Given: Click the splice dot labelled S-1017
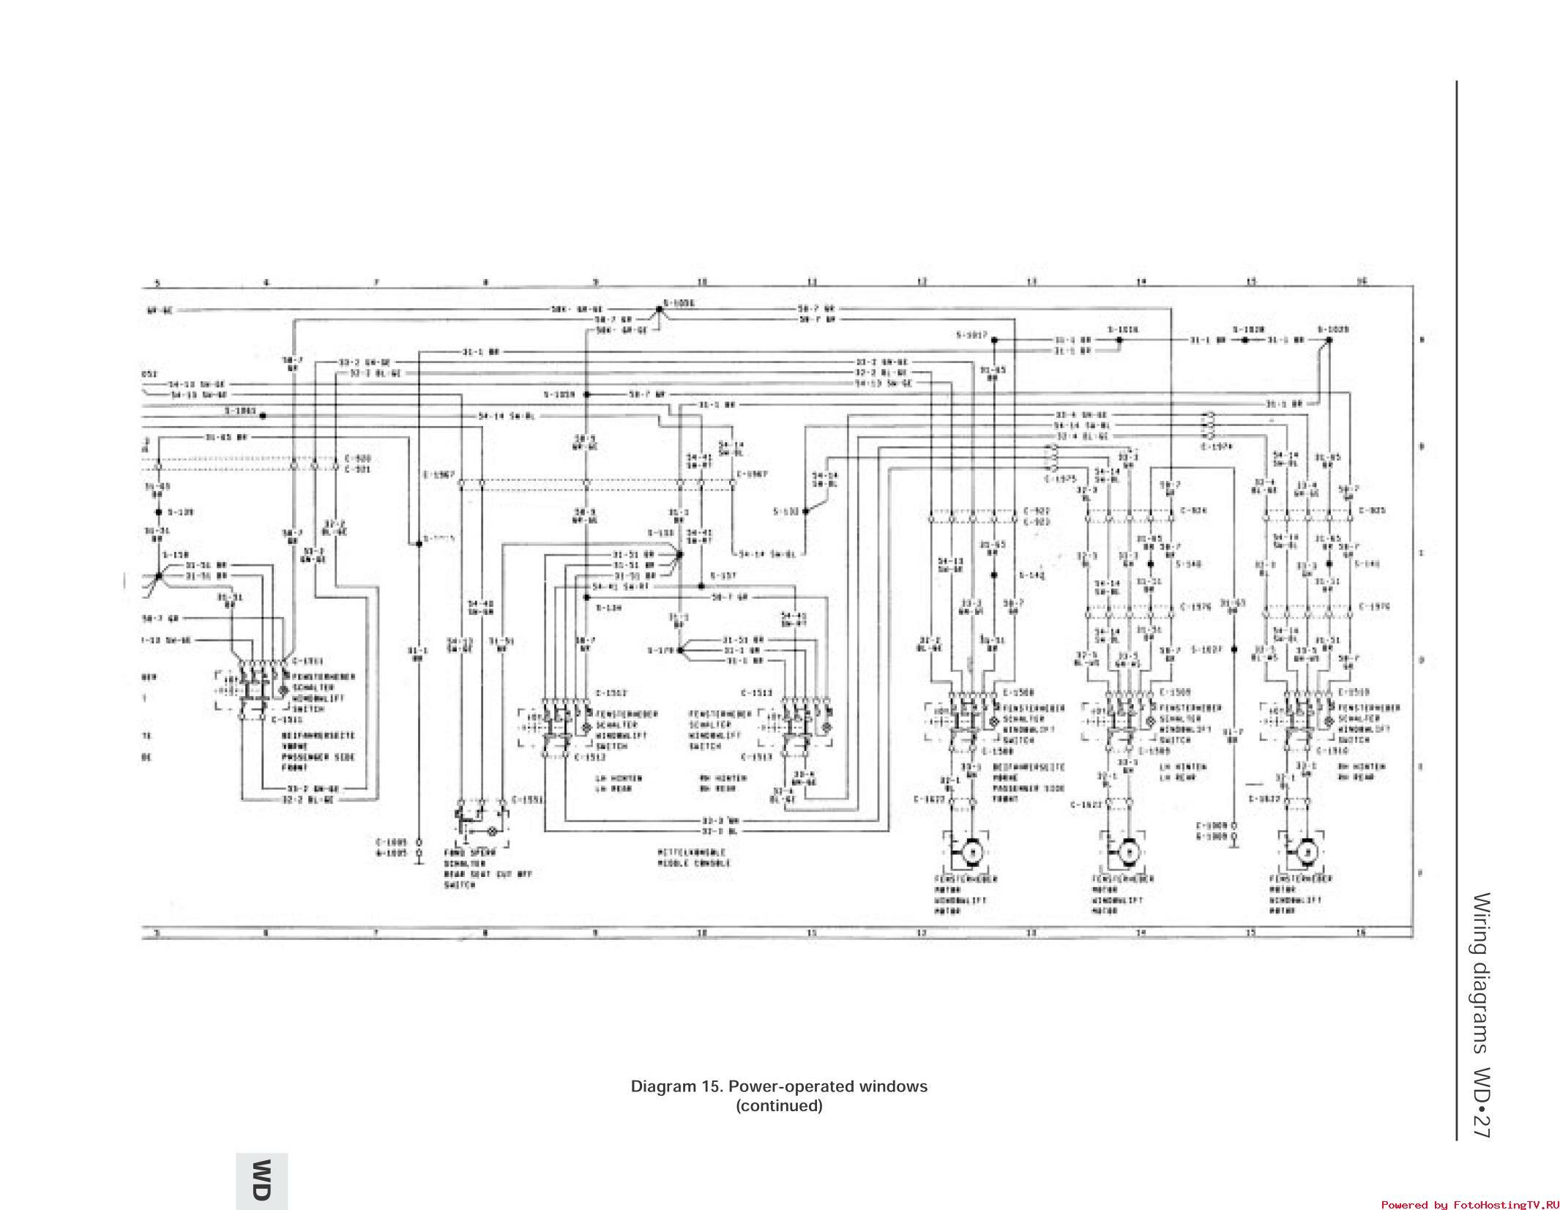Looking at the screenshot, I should pos(993,340).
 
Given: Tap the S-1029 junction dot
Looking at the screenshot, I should pos(1329,340).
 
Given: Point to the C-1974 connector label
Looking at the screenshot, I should pos(1217,446).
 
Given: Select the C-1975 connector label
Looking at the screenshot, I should pos(1060,478).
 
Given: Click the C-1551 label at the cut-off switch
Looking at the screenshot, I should pos(527,799).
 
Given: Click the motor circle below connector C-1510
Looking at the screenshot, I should pos(1305,852).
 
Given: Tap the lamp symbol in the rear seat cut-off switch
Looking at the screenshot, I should pos(492,832).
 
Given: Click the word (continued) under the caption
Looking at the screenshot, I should pos(779,1105).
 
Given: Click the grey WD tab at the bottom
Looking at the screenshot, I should pos(261,1180).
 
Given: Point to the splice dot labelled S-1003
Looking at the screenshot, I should pos(262,415).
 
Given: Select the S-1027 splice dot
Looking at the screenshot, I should pos(1234,649).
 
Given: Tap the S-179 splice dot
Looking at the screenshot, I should pos(680,649).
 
